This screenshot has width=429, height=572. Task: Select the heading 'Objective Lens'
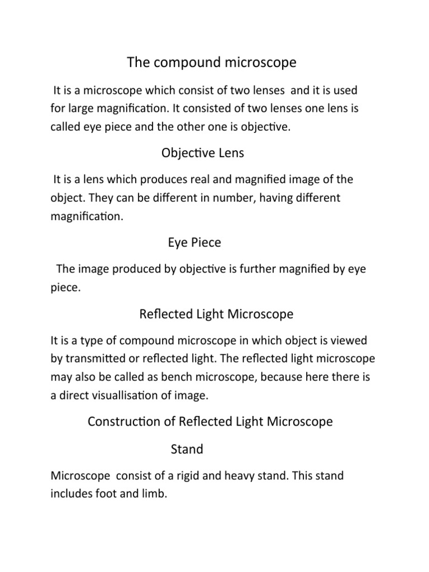pyautogui.click(x=202, y=152)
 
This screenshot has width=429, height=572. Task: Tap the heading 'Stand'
pyautogui.click(x=187, y=449)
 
